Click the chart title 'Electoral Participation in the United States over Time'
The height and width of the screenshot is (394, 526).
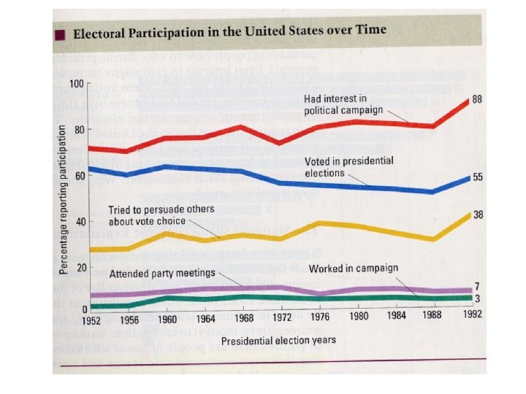click(x=229, y=34)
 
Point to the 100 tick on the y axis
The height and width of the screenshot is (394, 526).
click(x=77, y=83)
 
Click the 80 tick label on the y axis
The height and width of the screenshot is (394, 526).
click(x=79, y=130)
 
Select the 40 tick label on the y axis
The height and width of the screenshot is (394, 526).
click(x=79, y=222)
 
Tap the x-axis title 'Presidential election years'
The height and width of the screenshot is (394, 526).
click(x=279, y=340)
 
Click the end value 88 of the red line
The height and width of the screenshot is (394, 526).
click(x=477, y=98)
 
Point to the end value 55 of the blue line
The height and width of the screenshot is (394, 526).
click(x=478, y=177)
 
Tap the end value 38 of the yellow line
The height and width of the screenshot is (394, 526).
click(x=478, y=215)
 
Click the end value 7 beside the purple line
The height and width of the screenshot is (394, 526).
click(x=476, y=287)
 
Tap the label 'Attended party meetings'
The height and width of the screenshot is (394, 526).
click(x=162, y=274)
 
